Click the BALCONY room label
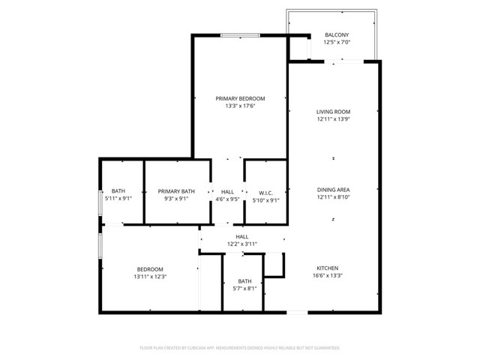[336, 35]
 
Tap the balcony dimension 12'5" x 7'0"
[336, 43]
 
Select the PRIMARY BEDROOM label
[240, 98]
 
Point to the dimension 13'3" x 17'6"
[240, 106]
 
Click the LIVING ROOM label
[334, 112]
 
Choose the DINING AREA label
[334, 190]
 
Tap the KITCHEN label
[327, 268]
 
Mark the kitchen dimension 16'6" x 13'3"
[327, 275]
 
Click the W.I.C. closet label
[264, 191]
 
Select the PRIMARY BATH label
[176, 191]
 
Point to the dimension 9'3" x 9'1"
[176, 199]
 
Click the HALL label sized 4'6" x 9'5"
[226, 191]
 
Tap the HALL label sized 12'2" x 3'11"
[242, 236]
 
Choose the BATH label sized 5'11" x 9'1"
[118, 190]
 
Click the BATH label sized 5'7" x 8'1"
[244, 281]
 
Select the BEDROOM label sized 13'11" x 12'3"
[151, 269]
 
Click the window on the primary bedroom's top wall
[240, 34]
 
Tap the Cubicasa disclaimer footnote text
[240, 348]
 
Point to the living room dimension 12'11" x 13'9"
[334, 119]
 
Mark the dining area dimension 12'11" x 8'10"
[334, 198]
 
